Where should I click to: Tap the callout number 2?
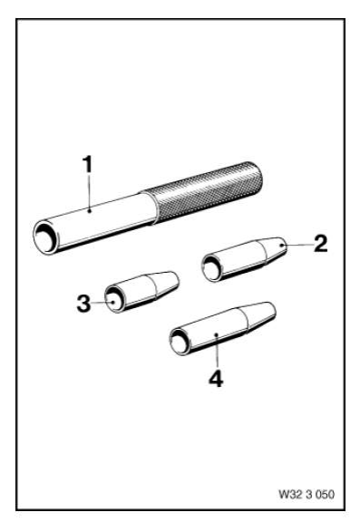[321, 244]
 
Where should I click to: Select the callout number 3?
[83, 304]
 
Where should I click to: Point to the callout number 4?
[216, 379]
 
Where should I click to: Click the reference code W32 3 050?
[306, 495]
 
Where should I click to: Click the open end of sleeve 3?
[115, 299]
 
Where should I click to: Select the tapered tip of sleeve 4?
[259, 316]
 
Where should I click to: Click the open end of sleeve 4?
[180, 343]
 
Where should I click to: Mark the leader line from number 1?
[89, 192]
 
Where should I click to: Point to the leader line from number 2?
[297, 245]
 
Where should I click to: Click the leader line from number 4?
[216, 351]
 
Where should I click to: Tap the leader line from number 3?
[102, 303]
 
